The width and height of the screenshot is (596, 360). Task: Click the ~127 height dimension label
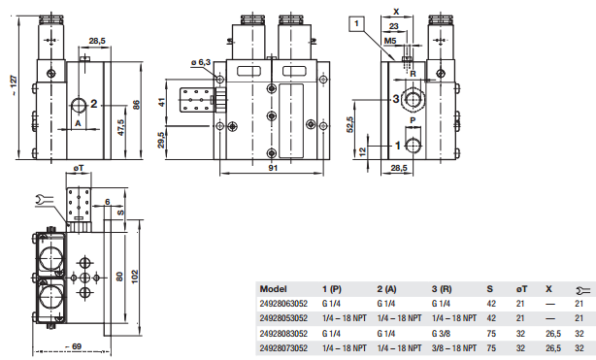[x=14, y=85]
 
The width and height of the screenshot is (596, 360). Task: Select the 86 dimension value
[x=136, y=105]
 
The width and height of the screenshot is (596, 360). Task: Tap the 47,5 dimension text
[x=121, y=127]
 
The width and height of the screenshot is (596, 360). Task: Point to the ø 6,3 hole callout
[x=200, y=62]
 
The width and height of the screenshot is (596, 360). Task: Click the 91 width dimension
[x=273, y=168]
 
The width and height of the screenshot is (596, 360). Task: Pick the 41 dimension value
[x=162, y=102]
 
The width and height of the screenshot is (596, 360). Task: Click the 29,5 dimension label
[x=161, y=140]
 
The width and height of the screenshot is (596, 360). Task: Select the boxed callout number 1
[x=356, y=23]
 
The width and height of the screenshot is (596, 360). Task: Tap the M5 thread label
[x=390, y=41]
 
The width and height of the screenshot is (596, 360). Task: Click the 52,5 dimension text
[x=350, y=124]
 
